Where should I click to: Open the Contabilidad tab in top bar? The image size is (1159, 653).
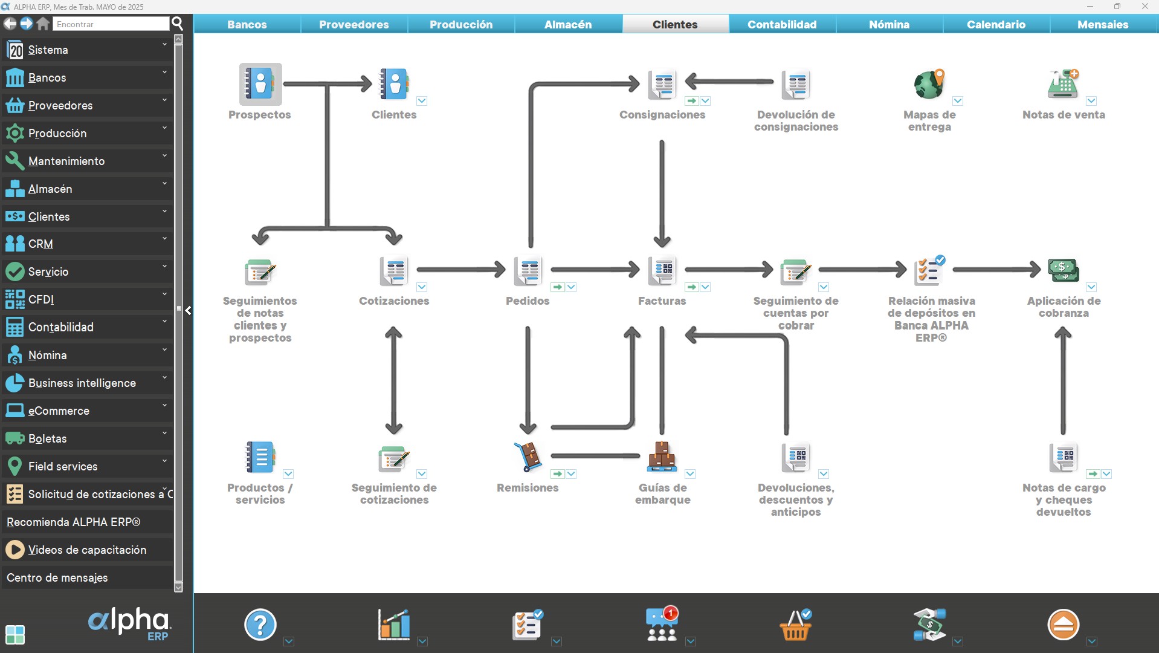(782, 24)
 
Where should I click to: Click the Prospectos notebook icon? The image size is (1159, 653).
(260, 84)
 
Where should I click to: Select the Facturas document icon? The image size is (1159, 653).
(662, 270)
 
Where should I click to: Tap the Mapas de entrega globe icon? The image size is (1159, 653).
(929, 84)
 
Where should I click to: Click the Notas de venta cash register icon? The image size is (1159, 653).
(1063, 84)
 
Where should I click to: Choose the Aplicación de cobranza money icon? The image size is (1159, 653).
(1063, 270)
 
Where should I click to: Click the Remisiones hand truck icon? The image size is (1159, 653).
(528, 456)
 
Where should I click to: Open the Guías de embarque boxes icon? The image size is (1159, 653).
(662, 456)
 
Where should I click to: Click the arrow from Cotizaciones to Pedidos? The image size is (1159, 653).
(460, 270)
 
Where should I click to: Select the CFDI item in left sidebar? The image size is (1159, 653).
(41, 299)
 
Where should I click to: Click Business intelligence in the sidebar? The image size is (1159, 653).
(82, 383)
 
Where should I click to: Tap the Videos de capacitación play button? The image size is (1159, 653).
(15, 550)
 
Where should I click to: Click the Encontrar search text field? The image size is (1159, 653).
(111, 24)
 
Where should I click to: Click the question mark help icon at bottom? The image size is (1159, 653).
(260, 625)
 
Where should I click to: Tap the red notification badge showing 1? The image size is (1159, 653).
(670, 614)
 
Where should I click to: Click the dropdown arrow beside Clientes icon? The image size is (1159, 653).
(422, 101)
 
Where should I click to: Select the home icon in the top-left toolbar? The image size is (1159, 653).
(43, 24)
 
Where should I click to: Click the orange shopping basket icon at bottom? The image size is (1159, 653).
(795, 625)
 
